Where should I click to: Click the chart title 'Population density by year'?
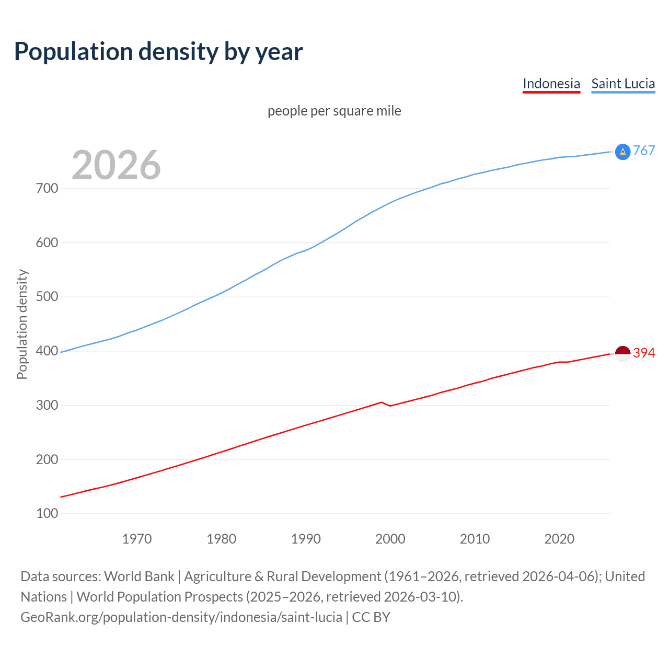pos(158,52)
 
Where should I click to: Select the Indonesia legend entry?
pos(551,84)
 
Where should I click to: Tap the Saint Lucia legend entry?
pos(623,84)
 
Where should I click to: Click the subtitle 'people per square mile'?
pos(334,111)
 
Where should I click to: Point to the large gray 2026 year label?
pos(116,165)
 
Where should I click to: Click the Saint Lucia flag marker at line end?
pos(622,152)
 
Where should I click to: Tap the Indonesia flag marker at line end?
pos(622,353)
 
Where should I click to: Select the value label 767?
pos(644,151)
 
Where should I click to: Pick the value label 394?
pos(644,353)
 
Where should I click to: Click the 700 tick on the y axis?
pos(47,189)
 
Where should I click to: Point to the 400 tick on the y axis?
pos(47,351)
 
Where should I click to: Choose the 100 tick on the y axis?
pos(47,514)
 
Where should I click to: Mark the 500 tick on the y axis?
pos(47,297)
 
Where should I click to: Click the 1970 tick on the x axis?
pos(137,539)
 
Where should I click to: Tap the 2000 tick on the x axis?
pos(390,539)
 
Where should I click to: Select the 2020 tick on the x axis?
pos(559,539)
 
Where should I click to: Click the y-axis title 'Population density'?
pos(22,324)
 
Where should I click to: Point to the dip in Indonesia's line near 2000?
pos(390,406)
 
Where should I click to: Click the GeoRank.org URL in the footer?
pos(181,617)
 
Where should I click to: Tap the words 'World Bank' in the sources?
pos(139,576)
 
